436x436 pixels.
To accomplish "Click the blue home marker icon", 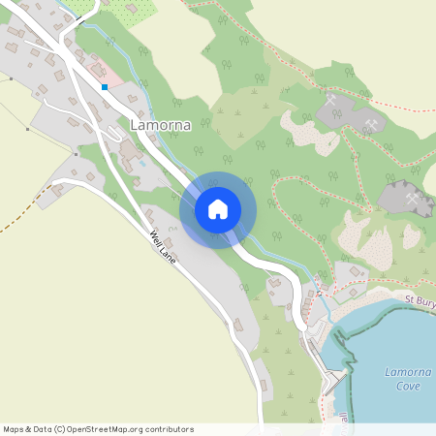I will pos(218,208).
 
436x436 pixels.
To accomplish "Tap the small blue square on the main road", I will pos(105,87).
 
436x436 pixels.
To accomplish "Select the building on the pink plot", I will pos(97,71).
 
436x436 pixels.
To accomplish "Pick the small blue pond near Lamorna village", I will pos(142,163).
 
